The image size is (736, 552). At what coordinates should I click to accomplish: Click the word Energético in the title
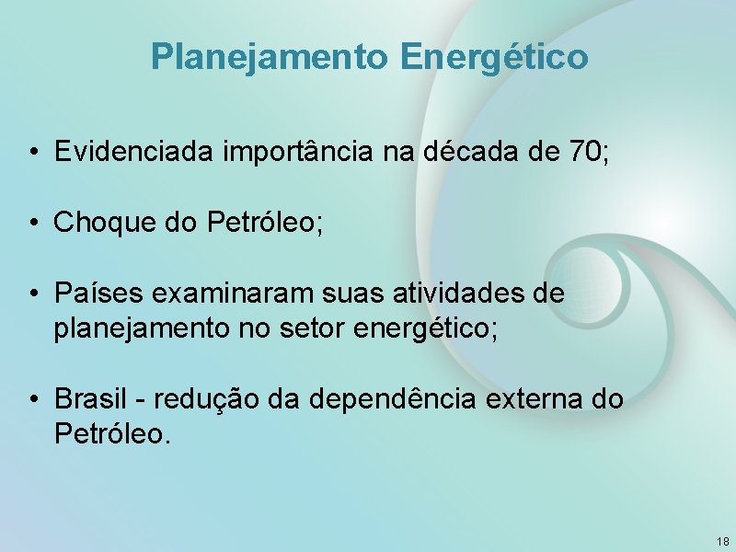point(494,57)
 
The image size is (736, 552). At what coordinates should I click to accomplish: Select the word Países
point(92,293)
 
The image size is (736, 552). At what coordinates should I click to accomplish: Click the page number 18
point(722,541)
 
